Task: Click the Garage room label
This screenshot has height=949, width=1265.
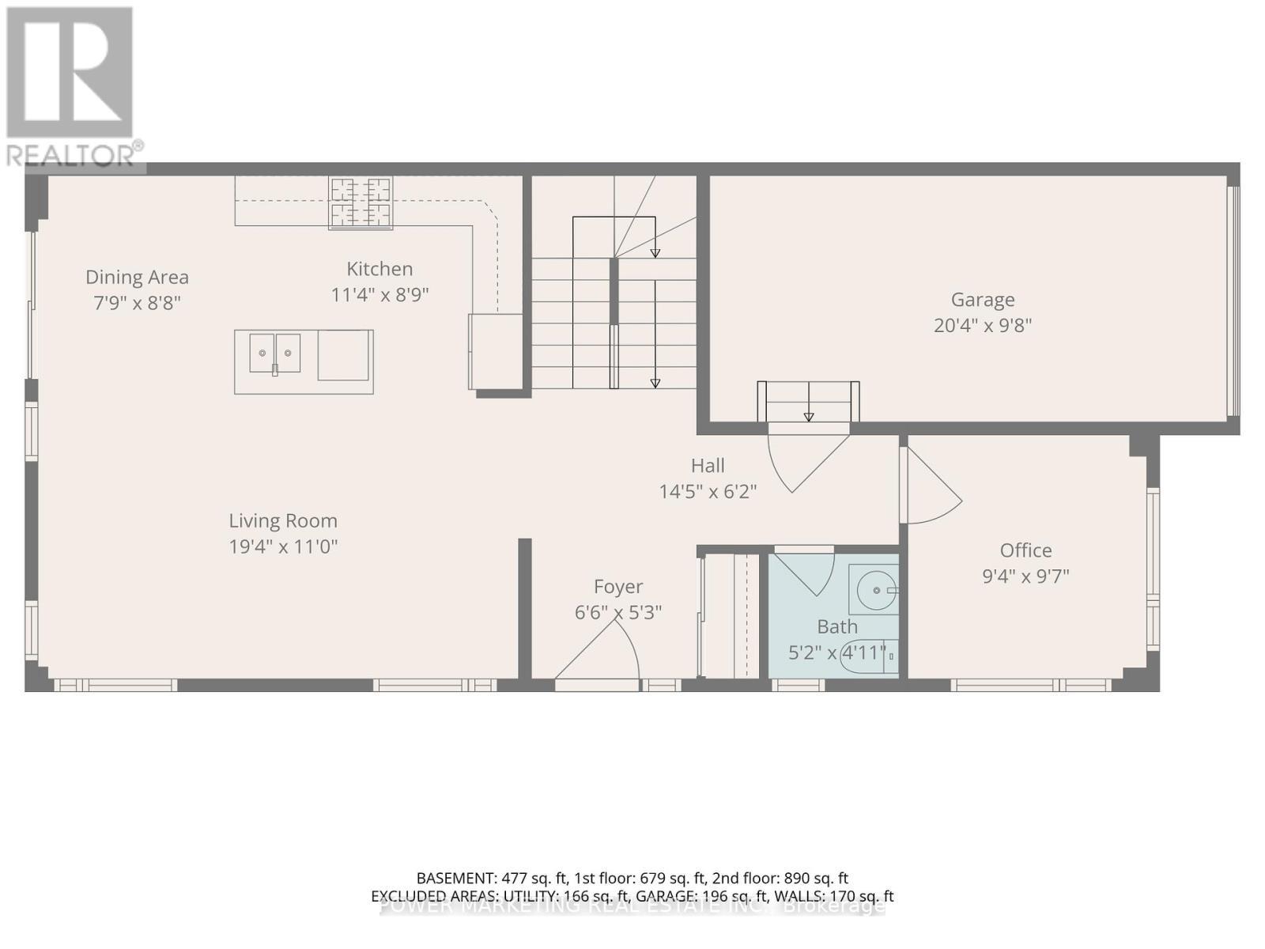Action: [x=982, y=300]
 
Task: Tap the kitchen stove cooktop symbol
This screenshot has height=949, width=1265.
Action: [x=361, y=203]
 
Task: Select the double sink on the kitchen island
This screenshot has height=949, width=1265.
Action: [x=274, y=354]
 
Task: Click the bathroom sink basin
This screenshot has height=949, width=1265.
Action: [x=875, y=590]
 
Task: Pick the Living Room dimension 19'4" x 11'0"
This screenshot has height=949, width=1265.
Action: [x=283, y=546]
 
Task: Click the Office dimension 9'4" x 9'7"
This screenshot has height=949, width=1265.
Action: [x=1025, y=576]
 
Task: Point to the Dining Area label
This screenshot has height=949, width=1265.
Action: [x=137, y=278]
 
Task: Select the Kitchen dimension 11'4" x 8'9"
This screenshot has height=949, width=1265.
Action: [x=379, y=295]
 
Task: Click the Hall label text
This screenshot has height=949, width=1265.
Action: [x=708, y=466]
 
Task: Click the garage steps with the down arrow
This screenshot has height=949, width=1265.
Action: [x=808, y=403]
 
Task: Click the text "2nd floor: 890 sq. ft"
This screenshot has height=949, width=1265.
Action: [x=780, y=878]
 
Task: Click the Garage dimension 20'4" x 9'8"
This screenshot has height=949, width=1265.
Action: [x=982, y=325]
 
